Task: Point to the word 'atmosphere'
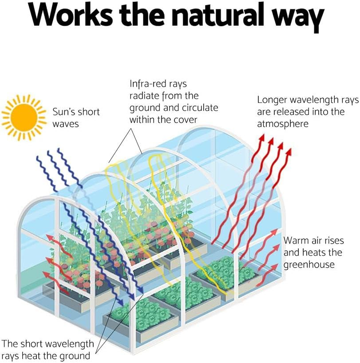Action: (283, 124)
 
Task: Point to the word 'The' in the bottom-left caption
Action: (9, 343)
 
